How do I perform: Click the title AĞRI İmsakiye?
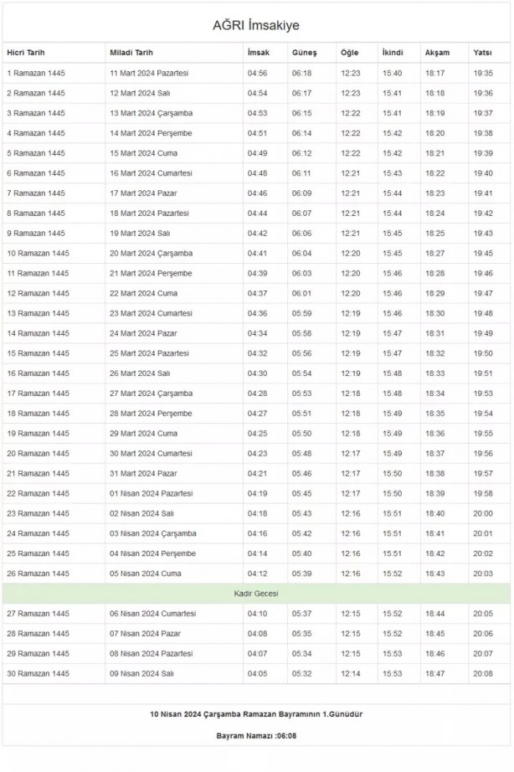point(256,27)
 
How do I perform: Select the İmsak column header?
point(258,53)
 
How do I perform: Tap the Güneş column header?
point(304,53)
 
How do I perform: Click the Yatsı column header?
point(482,53)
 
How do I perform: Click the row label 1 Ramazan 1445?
point(35,73)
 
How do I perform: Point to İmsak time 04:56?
point(257,73)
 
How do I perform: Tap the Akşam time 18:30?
point(435,313)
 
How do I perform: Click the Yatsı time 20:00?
point(483,513)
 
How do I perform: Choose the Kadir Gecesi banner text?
point(256,594)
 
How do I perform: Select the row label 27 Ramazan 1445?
point(38,614)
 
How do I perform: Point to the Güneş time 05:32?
point(301,673)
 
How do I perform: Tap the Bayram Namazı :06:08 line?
point(256,735)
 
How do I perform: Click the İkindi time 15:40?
point(392,73)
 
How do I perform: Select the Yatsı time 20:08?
point(483,673)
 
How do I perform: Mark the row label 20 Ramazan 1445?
point(38,454)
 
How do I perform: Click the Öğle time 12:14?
point(351,673)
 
